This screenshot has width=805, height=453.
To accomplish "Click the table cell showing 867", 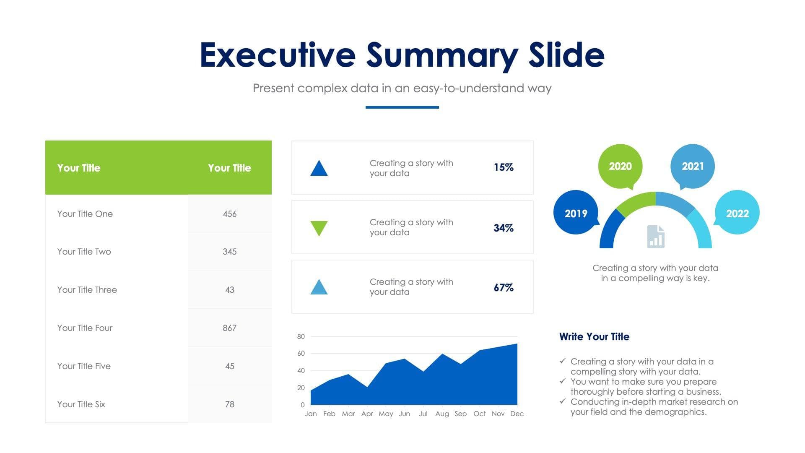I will pyautogui.click(x=229, y=328).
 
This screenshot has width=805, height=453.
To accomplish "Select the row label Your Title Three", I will pyautogui.click(x=87, y=290).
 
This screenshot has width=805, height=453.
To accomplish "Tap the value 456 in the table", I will pyautogui.click(x=229, y=214).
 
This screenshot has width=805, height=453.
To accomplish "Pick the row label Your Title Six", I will pyautogui.click(x=81, y=404).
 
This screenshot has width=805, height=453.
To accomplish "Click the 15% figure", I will pyautogui.click(x=504, y=167).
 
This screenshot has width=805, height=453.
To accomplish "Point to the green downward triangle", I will pyautogui.click(x=319, y=228).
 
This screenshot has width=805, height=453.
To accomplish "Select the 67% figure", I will pyautogui.click(x=504, y=288).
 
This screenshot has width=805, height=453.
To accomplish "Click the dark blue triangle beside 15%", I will pyautogui.click(x=319, y=169).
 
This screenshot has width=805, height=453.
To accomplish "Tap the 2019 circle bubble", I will pyautogui.click(x=576, y=213).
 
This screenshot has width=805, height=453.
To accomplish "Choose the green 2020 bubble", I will pyautogui.click(x=620, y=166).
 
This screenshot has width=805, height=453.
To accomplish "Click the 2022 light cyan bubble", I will pyautogui.click(x=737, y=213).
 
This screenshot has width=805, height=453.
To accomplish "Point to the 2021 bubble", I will pyautogui.click(x=693, y=166).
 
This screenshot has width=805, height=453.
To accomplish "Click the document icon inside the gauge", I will pyautogui.click(x=656, y=237).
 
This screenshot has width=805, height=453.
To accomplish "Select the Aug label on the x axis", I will pyautogui.click(x=442, y=414).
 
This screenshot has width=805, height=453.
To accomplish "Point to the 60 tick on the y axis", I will pyautogui.click(x=301, y=354).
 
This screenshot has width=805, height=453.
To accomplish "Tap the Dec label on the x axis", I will pyautogui.click(x=517, y=414).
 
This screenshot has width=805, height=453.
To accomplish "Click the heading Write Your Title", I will pyautogui.click(x=594, y=337).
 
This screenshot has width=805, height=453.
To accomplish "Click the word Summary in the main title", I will pyautogui.click(x=442, y=55).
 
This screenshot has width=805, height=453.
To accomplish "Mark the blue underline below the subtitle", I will pyautogui.click(x=402, y=107).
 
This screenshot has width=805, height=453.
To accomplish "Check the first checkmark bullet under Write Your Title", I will pyautogui.click(x=563, y=361).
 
